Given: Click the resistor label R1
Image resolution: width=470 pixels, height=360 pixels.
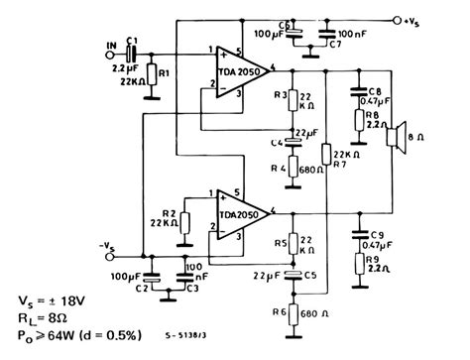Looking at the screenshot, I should (166, 73).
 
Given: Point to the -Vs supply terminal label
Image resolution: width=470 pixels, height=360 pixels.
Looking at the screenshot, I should (107, 245).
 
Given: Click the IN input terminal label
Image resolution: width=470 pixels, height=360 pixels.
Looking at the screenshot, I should (110, 46).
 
